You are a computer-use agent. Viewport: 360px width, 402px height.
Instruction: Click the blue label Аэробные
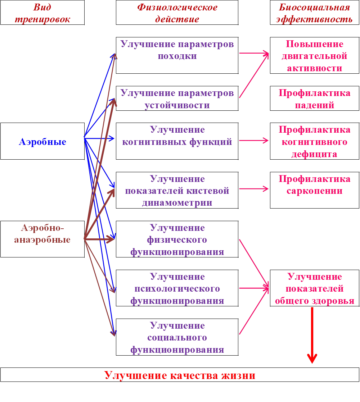click(x=42, y=142)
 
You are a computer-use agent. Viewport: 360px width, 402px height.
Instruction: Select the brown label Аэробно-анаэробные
click(x=42, y=234)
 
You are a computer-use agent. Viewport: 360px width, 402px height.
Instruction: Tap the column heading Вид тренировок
click(x=42, y=13)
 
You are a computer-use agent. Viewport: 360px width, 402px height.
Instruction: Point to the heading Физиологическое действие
click(x=177, y=13)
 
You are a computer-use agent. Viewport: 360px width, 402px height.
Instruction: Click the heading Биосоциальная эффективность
click(x=314, y=13)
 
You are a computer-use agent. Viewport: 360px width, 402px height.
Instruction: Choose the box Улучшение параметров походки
click(x=177, y=50)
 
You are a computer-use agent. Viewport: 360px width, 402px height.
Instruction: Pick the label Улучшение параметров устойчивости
click(x=177, y=99)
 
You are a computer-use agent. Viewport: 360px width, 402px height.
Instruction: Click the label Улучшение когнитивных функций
click(x=177, y=136)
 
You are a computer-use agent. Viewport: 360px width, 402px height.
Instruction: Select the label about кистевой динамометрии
click(x=177, y=191)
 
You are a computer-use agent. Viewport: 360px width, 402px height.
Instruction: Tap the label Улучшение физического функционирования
click(x=177, y=240)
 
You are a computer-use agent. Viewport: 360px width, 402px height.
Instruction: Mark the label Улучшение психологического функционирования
click(x=177, y=289)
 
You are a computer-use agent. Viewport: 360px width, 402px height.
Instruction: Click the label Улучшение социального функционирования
click(x=177, y=338)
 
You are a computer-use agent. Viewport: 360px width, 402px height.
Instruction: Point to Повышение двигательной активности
click(x=314, y=56)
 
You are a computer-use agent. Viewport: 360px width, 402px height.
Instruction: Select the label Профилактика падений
click(x=314, y=99)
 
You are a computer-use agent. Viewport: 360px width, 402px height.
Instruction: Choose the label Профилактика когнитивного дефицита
click(x=314, y=142)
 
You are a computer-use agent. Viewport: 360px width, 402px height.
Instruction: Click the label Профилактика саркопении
click(x=314, y=185)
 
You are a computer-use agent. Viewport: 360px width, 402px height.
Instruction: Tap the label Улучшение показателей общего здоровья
click(x=314, y=289)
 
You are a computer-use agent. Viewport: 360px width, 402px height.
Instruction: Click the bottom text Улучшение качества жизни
click(x=180, y=375)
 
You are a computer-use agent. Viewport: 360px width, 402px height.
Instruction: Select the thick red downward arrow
click(x=312, y=334)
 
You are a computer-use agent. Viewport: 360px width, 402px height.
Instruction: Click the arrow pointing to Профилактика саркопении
click(x=254, y=189)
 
